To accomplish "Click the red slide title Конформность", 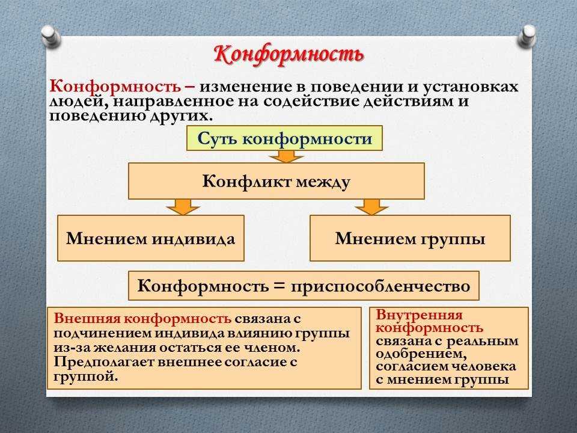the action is (289, 55).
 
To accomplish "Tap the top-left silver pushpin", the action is (52, 37).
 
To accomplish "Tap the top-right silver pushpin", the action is (527, 35).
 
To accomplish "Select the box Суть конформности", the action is (284, 138).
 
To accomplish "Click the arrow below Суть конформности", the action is (286, 156).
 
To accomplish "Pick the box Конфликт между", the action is (276, 181).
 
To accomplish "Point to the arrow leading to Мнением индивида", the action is (183, 207).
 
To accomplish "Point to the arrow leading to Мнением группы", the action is (371, 207).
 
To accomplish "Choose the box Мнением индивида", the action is (151, 238).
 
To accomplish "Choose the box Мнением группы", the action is (411, 238).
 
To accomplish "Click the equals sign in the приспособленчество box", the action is (279, 286).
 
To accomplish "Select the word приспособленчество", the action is (380, 286).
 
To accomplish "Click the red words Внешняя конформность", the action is (142, 318).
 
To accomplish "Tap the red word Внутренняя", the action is (419, 315).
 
